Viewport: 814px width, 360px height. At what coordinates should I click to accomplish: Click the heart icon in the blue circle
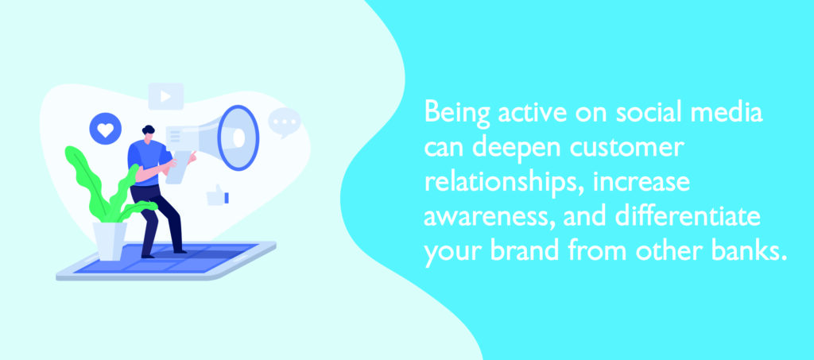tap(106, 130)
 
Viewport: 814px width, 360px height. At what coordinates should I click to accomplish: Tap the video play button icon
tap(166, 96)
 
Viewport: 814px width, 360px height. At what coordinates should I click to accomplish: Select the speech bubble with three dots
tap(285, 122)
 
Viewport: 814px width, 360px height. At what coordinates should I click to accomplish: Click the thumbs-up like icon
tap(218, 195)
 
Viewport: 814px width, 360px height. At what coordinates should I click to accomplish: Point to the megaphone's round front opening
tap(238, 137)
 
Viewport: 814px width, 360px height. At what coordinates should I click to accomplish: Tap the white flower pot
tap(110, 241)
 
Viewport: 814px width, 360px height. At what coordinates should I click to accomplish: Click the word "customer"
tap(626, 149)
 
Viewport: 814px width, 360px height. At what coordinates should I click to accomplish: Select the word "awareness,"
tap(490, 219)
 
